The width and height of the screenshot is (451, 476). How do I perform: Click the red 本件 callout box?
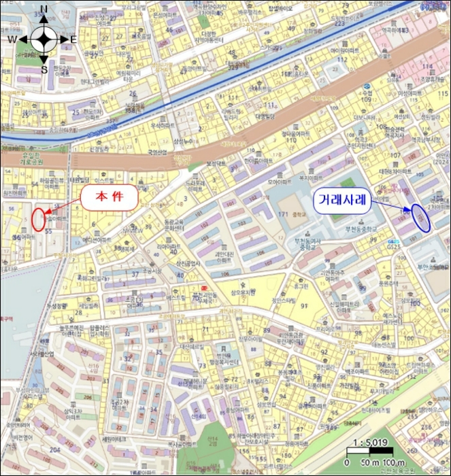pyautogui.click(x=110, y=197)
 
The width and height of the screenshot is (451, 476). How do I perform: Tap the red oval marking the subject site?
pyautogui.click(x=39, y=219)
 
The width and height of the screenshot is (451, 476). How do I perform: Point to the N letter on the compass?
pyautogui.click(x=44, y=9)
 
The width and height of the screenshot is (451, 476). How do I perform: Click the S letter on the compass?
pyautogui.click(x=44, y=69)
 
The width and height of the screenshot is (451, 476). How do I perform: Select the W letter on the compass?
pyautogui.click(x=12, y=39)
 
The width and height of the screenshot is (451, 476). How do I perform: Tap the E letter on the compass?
pyautogui.click(x=73, y=39)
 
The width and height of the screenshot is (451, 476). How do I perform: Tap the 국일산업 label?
pyautogui.click(x=157, y=154)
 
